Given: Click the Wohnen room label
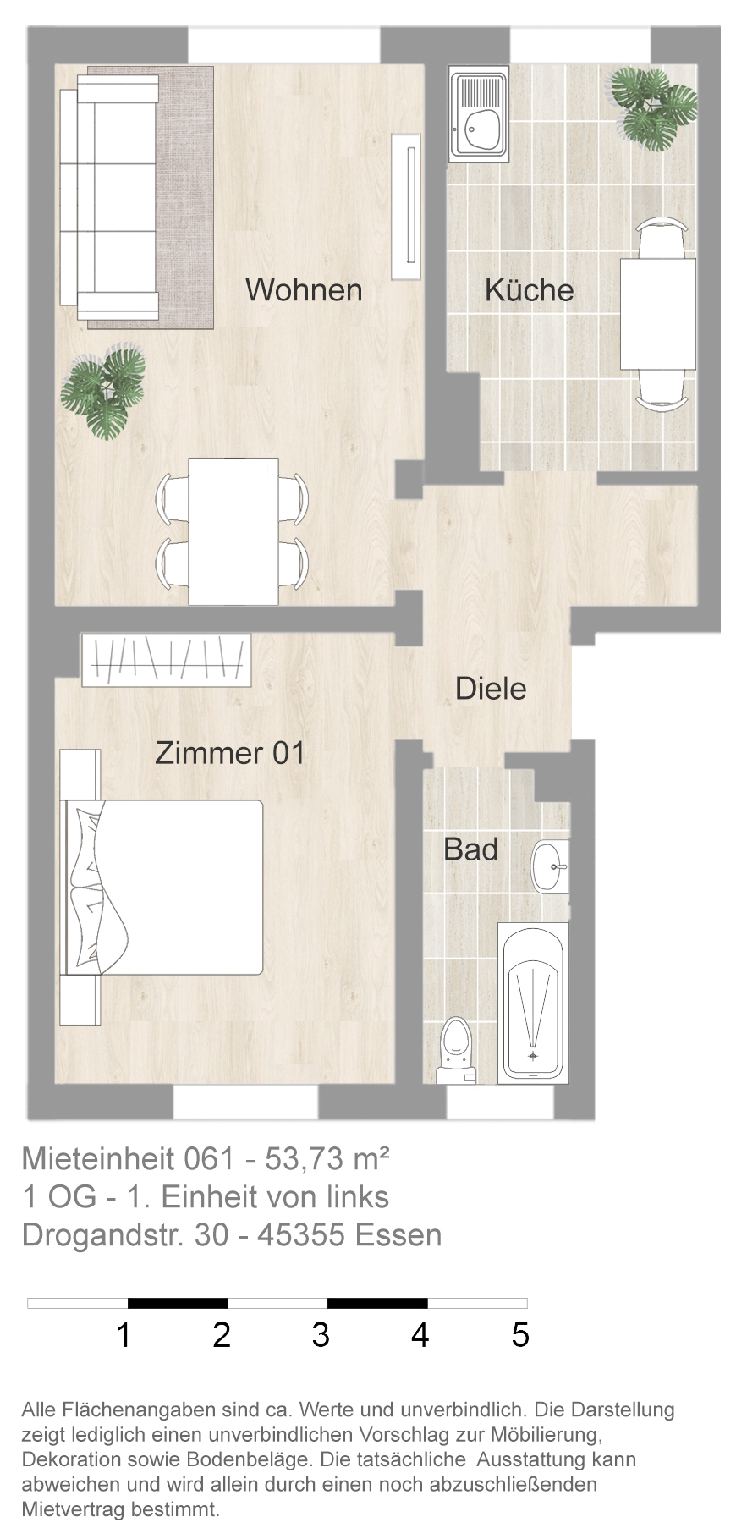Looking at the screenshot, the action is click(x=304, y=290).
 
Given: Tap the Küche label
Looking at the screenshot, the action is click(x=529, y=290).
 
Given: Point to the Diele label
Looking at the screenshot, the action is click(x=491, y=689).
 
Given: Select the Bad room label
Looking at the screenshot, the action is click(x=471, y=849).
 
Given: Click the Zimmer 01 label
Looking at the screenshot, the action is click(x=229, y=753).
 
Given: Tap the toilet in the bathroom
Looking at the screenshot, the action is click(x=456, y=1051).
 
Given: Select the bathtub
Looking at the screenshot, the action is click(x=532, y=1003).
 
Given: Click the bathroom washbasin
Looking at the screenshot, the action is click(x=550, y=866).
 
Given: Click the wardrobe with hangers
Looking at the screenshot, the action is click(x=168, y=660).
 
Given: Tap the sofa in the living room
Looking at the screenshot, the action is click(x=108, y=196).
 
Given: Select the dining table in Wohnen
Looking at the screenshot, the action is click(x=233, y=531).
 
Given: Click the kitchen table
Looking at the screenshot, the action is click(x=658, y=314).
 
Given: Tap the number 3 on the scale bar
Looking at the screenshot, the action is click(x=321, y=1334).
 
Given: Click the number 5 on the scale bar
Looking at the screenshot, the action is click(x=520, y=1334).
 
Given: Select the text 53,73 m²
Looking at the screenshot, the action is click(x=327, y=1158).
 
